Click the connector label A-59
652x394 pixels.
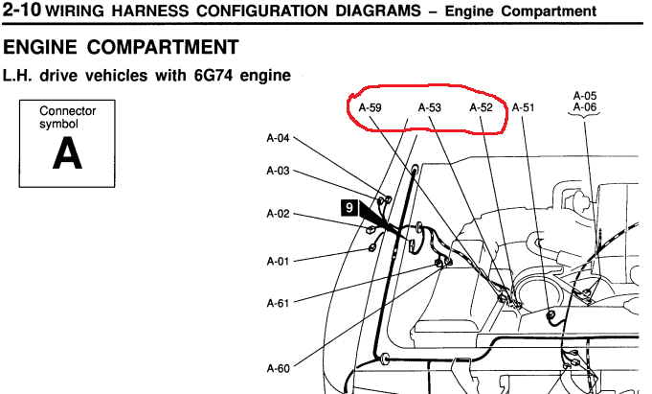pyautogui.click(x=370, y=108)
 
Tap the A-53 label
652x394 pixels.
pyautogui.click(x=430, y=108)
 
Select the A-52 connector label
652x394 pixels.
pyautogui.click(x=481, y=108)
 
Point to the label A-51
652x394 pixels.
pyautogui.click(x=523, y=108)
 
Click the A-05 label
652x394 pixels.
pyautogui.click(x=585, y=96)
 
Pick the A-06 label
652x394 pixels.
pyautogui.click(x=585, y=107)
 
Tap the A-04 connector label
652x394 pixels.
pyautogui.click(x=278, y=138)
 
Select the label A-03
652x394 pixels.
pyautogui.click(x=278, y=171)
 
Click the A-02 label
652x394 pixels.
pyautogui.click(x=278, y=214)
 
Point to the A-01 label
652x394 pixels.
pyautogui.click(x=278, y=262)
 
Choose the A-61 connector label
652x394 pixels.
pyautogui.click(x=278, y=303)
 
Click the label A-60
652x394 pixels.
pyautogui.click(x=278, y=368)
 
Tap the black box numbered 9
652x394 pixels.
pyautogui.click(x=349, y=207)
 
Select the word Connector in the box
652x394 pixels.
pyautogui.click(x=67, y=111)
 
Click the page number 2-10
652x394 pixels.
pyautogui.click(x=22, y=10)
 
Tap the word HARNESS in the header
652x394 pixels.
pyautogui.click(x=149, y=11)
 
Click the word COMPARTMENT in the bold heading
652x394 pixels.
pyautogui.click(x=163, y=47)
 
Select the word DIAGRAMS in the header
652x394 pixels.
pyautogui.click(x=378, y=11)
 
